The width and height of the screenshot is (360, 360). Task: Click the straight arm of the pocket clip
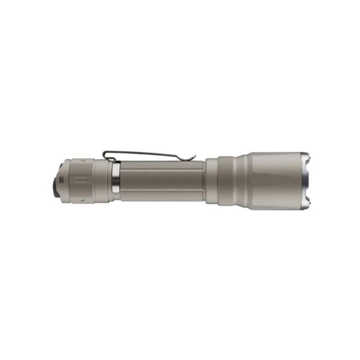click(150, 154)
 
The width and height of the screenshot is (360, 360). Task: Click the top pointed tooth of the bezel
click(308, 157)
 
